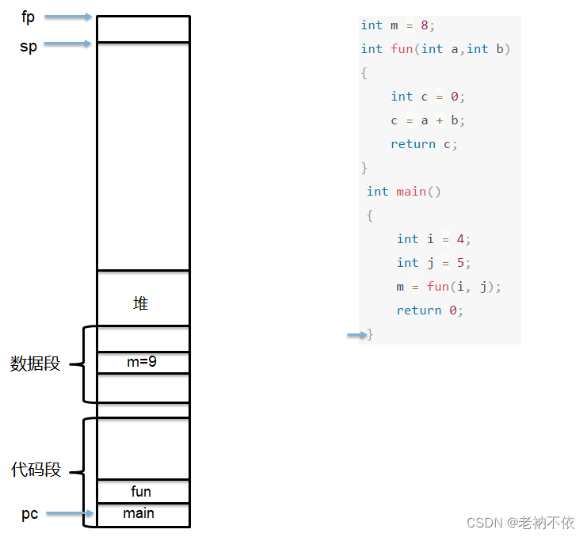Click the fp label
[29, 17]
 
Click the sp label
[29, 45]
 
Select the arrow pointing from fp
[70, 17]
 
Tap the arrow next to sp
[70, 44]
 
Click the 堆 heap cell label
[141, 303]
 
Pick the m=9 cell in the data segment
[142, 362]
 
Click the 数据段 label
[36, 364]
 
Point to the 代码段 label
[36, 470]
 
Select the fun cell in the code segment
[141, 492]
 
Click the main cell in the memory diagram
[139, 513]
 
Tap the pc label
[29, 514]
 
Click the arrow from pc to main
[70, 514]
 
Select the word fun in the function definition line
[402, 49]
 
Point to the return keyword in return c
[413, 144]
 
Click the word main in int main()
[411, 192]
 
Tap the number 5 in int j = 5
[460, 263]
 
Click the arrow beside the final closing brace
[356, 335]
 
